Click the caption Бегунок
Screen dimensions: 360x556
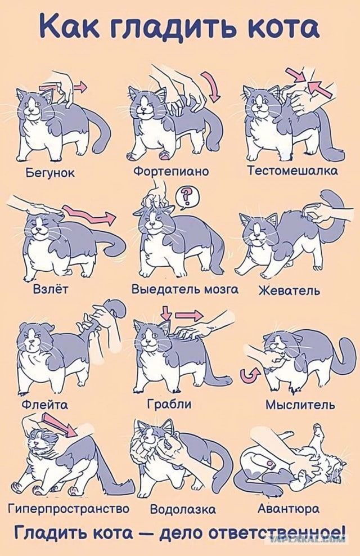pos(50,173)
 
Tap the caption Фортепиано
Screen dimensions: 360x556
pos(171,171)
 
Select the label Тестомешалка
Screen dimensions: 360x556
pos(292,170)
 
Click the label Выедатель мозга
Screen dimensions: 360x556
pos(185,289)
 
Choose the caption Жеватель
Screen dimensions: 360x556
pos(289,291)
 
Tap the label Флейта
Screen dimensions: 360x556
pos(45,404)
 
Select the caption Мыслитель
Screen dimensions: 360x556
pos(300,404)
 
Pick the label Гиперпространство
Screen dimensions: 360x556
pos(69,509)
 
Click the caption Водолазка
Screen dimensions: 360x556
pos(183,509)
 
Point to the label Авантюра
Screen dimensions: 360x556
pos(288,509)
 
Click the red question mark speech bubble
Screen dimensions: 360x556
pos(187,197)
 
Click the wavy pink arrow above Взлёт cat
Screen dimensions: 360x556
pos(89,215)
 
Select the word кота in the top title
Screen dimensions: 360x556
pos(287,28)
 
